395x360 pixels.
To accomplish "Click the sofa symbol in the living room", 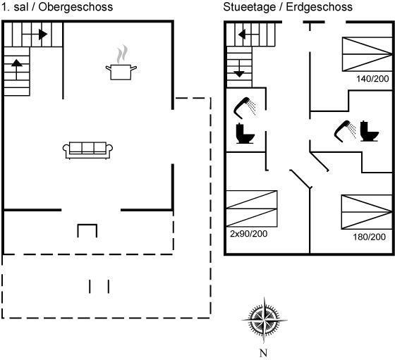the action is point(87,151).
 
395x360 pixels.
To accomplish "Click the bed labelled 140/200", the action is point(367,54).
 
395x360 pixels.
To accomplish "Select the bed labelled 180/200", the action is point(367,212).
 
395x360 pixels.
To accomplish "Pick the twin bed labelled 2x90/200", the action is point(252,209).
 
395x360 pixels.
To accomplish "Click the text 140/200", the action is point(372,79).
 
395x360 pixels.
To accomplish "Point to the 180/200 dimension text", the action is point(369,237).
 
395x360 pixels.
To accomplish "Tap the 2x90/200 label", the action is point(248,234).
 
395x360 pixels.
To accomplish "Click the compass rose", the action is point(265,321).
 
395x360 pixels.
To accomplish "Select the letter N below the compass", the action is point(263,353).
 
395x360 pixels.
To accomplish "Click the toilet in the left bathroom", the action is point(245,134).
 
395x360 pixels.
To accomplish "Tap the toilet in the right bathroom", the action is point(370,131).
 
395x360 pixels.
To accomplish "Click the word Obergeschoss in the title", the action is point(75,7).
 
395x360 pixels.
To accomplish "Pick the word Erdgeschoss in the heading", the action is point(319,7).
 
